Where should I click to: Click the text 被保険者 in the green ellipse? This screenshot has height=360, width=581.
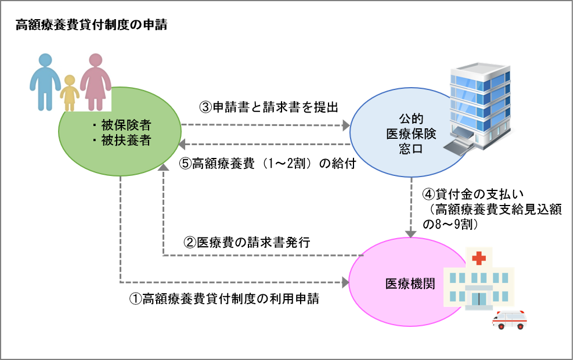click(x=126, y=125)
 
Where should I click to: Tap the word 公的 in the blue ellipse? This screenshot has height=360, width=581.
click(x=411, y=118)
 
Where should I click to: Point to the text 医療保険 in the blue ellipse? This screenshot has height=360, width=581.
click(x=411, y=134)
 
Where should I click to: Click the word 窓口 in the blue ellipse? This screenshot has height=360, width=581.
click(x=411, y=149)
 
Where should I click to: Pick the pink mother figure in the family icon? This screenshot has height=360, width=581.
click(x=95, y=81)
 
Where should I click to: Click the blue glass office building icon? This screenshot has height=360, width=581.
click(x=482, y=105)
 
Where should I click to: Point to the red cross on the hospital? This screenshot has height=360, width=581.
click(x=479, y=258)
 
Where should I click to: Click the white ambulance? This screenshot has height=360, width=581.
click(x=509, y=319)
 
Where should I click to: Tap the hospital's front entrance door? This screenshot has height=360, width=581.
click(x=479, y=299)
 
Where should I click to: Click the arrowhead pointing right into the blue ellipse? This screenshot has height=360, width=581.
click(x=346, y=125)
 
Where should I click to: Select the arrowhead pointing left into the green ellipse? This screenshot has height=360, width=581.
click(x=182, y=144)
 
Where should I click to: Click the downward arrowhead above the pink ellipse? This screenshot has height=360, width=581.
click(x=411, y=233)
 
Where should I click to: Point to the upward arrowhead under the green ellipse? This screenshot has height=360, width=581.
click(x=164, y=167)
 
